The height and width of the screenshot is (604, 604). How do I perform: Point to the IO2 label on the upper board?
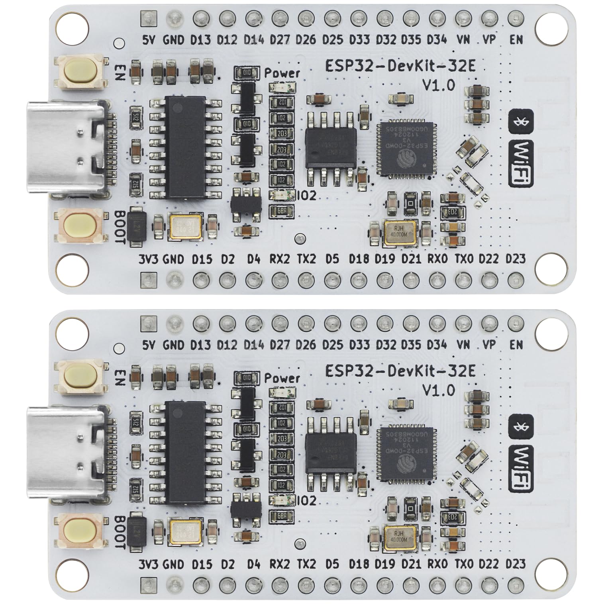(307, 196)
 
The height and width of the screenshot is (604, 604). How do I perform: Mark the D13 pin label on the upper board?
(201, 40)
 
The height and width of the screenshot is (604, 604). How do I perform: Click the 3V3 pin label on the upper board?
(149, 259)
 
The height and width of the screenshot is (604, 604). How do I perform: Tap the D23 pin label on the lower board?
(516, 564)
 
